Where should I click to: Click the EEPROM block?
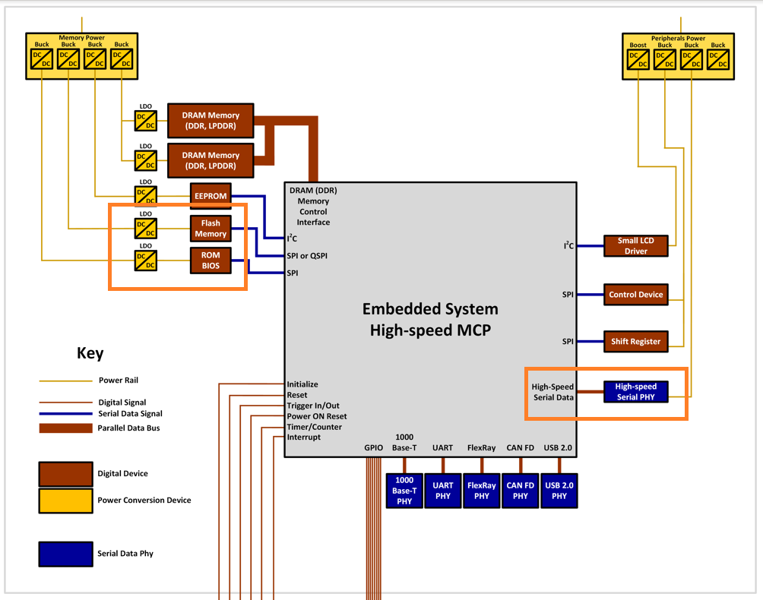[x=210, y=196]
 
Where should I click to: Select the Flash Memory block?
[x=210, y=229]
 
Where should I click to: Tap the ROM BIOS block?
[x=210, y=261]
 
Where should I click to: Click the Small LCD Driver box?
[x=635, y=245]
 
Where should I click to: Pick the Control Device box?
[x=635, y=295]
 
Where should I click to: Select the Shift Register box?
[x=635, y=341]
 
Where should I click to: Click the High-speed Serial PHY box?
[x=635, y=391]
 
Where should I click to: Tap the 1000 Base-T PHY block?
[x=404, y=491]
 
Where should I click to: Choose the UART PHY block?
[x=442, y=491]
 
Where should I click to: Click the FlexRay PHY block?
[x=482, y=491]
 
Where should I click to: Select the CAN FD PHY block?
[x=520, y=491]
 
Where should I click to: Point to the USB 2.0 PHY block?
[x=559, y=491]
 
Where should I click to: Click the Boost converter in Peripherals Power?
[x=638, y=60]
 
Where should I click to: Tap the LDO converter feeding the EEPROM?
[x=145, y=196]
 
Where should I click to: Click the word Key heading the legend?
[x=90, y=353]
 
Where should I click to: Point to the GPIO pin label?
[x=373, y=448]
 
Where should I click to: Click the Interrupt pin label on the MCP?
[x=303, y=437]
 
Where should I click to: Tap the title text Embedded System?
[x=430, y=309]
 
